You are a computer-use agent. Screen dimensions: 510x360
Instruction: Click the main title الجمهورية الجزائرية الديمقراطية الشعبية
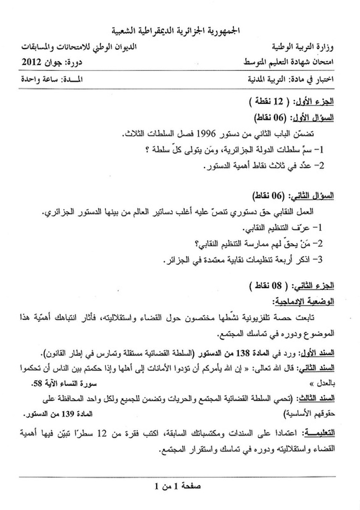coord(180,31)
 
